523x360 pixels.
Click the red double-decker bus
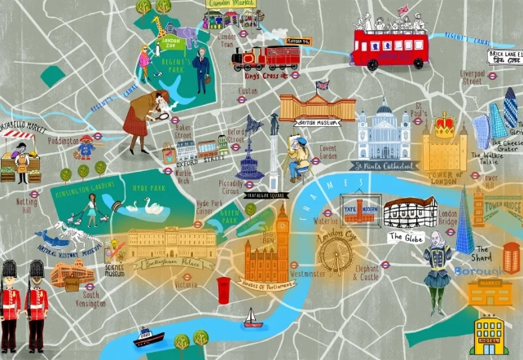point(389,48)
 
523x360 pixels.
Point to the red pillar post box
point(223,289)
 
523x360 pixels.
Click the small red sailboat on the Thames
point(253,318)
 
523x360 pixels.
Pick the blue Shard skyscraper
point(464,220)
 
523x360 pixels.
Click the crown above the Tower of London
point(444,125)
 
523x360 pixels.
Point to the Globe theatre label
point(405,237)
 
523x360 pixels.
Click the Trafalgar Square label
point(273,195)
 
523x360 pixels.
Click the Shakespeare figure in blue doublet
point(437,263)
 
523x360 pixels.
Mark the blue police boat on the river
point(148,337)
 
